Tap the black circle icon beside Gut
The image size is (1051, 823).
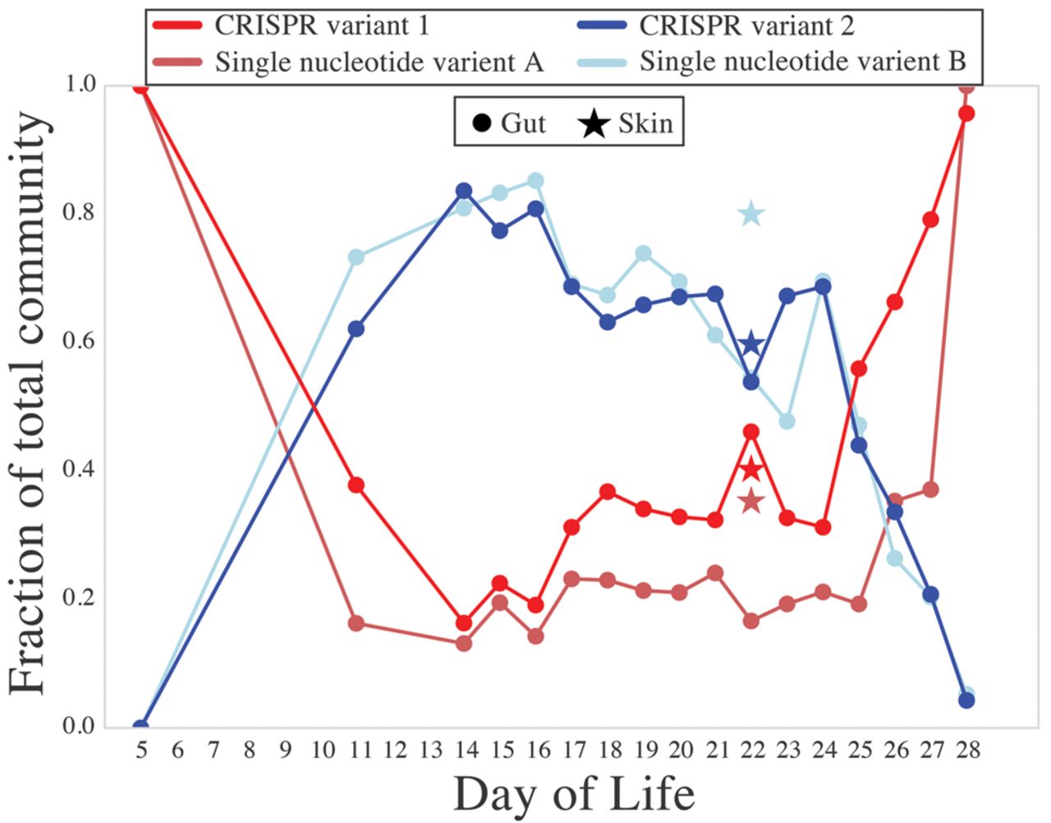483,124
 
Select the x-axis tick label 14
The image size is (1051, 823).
464,749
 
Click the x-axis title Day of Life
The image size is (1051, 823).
574,794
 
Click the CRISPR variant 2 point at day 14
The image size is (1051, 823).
464,191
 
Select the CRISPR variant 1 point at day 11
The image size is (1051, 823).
356,485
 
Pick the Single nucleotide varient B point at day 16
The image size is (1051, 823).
535,181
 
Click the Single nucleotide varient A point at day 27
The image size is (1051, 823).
930,490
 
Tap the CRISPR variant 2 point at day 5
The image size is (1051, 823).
140,726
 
